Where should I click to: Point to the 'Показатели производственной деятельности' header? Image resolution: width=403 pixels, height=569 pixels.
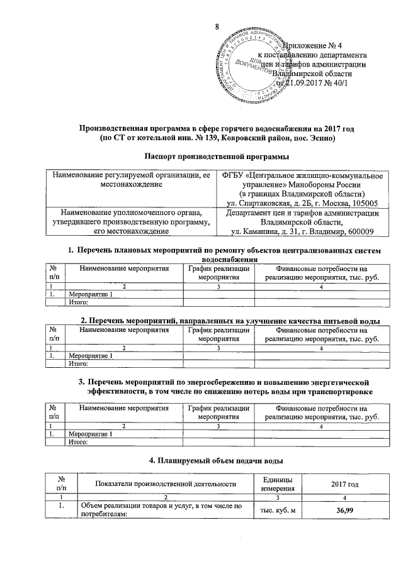166,483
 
